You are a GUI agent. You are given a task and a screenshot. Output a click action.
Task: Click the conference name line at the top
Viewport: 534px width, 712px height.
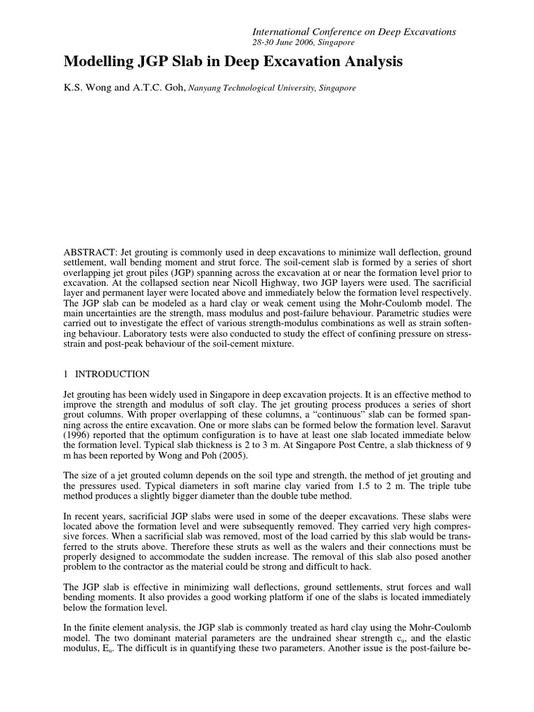(353, 31)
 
